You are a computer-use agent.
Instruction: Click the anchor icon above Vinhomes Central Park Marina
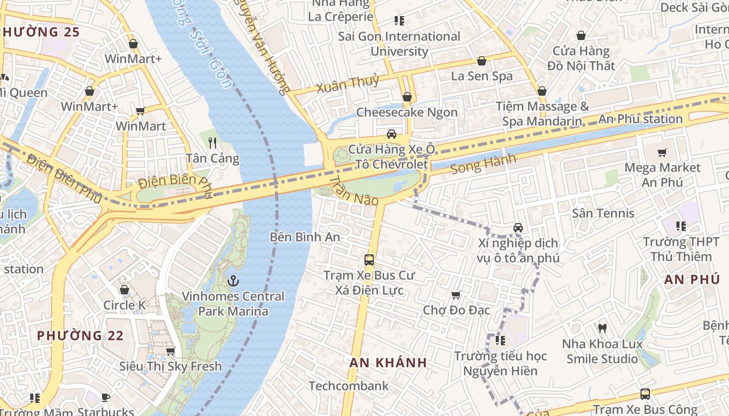[x=233, y=281]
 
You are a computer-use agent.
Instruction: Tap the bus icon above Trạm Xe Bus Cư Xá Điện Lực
[x=369, y=259]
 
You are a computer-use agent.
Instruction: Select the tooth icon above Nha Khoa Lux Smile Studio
[x=602, y=328]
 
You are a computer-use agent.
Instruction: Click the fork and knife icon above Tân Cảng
[x=212, y=142]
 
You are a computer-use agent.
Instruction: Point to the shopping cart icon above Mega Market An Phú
[x=662, y=152]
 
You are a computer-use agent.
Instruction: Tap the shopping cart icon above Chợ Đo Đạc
[x=456, y=295]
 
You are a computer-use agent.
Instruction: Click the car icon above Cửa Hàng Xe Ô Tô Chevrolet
[x=392, y=134]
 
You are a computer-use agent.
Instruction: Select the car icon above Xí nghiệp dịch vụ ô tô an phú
[x=518, y=227]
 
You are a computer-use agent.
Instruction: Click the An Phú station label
[x=640, y=119]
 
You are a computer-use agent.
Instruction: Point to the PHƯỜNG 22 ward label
[x=80, y=335]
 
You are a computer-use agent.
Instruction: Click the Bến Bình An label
[x=305, y=237]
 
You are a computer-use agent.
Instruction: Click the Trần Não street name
[x=354, y=190]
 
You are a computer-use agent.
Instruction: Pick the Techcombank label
[x=348, y=386]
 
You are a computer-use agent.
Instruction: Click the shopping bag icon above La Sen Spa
[x=482, y=61]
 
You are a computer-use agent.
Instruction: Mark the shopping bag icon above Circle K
[x=124, y=290]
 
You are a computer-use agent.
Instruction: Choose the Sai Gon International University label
[x=399, y=44]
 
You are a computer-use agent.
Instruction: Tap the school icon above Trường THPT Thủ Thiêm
[x=681, y=226]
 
